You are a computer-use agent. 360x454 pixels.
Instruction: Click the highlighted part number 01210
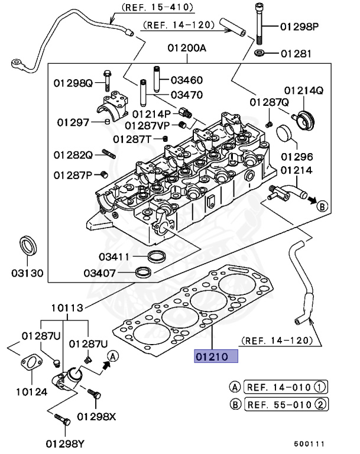[x=212, y=356]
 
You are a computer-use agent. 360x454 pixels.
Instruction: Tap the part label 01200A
[x=187, y=48]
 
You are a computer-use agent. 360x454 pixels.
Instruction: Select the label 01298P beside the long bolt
[x=300, y=27]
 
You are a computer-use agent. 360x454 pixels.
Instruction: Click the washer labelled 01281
[x=260, y=53]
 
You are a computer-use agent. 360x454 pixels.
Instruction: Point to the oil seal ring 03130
[x=28, y=246]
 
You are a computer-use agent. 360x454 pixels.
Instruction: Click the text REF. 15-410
[x=158, y=7]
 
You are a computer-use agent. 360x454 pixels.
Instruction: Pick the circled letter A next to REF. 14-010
[x=235, y=387]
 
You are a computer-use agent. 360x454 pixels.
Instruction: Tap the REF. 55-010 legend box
[x=287, y=404]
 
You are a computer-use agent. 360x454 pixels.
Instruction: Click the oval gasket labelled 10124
[x=31, y=364]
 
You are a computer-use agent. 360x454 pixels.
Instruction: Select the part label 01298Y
[x=65, y=443]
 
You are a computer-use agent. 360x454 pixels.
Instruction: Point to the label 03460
[x=187, y=80]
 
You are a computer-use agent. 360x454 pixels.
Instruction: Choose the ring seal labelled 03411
[x=157, y=255]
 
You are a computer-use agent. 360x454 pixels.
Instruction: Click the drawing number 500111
[x=309, y=443]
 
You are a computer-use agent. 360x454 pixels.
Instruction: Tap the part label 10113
[x=67, y=307]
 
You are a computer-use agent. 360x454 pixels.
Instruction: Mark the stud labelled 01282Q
[x=109, y=154]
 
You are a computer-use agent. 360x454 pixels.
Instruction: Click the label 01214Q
[x=304, y=90]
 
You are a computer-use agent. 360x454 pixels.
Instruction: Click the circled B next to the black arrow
[x=322, y=206]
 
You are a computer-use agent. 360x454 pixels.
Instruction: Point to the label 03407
[x=100, y=273]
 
